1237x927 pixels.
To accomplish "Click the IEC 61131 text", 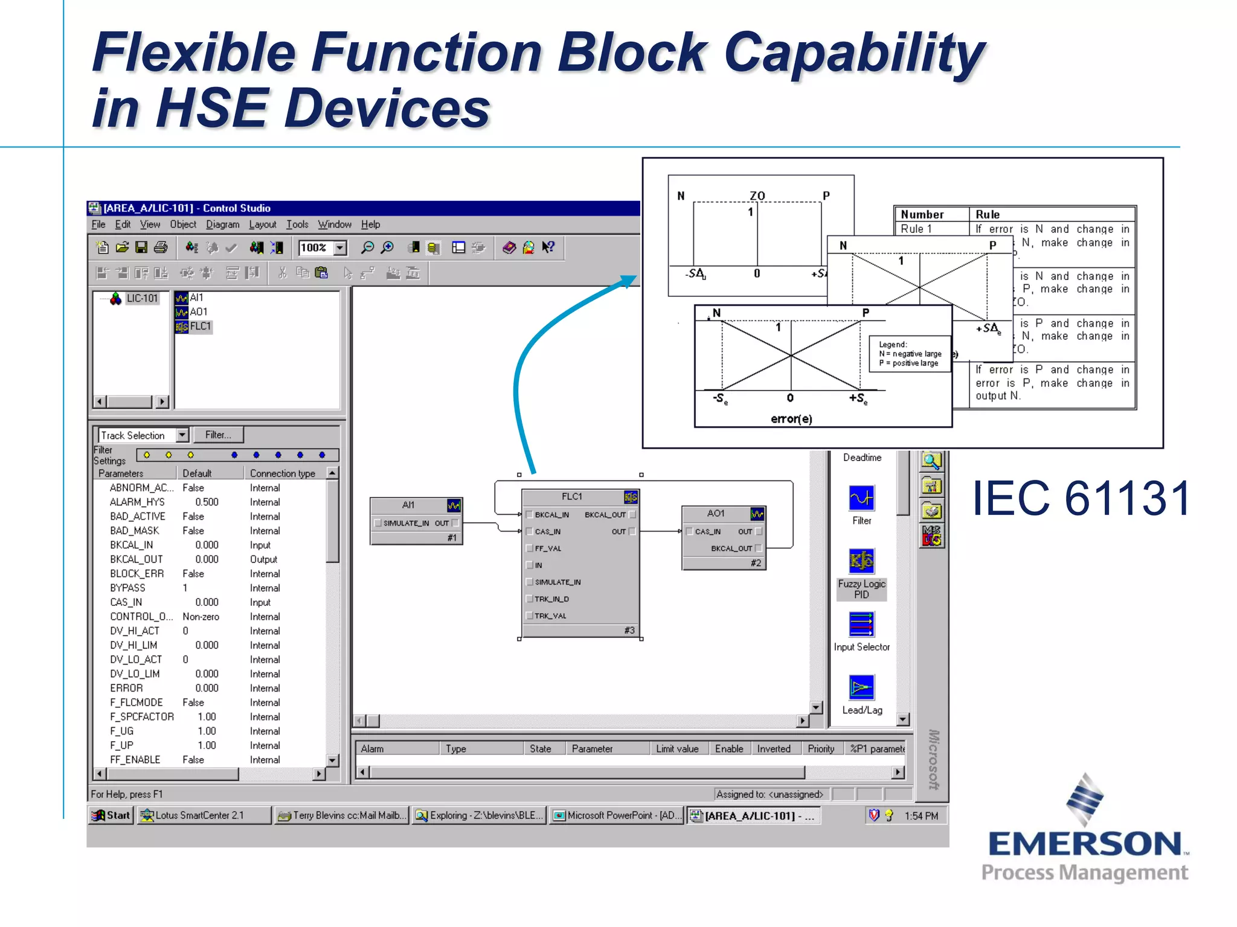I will pyautogui.click(x=1081, y=499).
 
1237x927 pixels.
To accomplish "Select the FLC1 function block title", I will pyautogui.click(x=571, y=497).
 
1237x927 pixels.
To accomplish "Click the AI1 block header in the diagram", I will pyautogui.click(x=408, y=505).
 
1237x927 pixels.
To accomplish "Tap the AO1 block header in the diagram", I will pyautogui.click(x=716, y=514).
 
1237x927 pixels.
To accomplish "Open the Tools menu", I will pyautogui.click(x=297, y=225).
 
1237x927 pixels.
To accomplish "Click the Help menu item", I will pyautogui.click(x=370, y=225).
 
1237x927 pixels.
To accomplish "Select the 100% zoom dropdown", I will pyautogui.click(x=323, y=247).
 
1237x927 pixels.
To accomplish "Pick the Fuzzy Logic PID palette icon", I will pyautogui.click(x=861, y=561).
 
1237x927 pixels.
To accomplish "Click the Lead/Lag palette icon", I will pyautogui.click(x=861, y=687).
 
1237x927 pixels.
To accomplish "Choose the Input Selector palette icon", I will pyautogui.click(x=861, y=625).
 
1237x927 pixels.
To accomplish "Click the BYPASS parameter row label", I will pyautogui.click(x=127, y=588).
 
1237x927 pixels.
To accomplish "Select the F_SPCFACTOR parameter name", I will pyautogui.click(x=142, y=717).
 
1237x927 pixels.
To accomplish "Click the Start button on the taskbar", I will pyautogui.click(x=111, y=815).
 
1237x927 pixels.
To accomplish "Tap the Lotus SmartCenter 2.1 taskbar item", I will pyautogui.click(x=199, y=815).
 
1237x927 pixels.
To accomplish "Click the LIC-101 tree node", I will pyautogui.click(x=141, y=298).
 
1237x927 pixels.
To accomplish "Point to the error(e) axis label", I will pyautogui.click(x=791, y=419).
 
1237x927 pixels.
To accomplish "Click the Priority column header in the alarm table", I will pyautogui.click(x=821, y=749).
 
